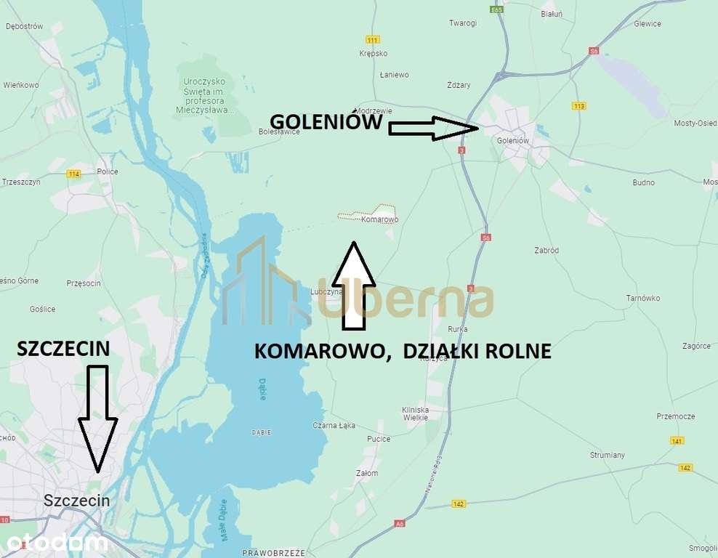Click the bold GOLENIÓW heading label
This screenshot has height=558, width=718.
click(x=326, y=121)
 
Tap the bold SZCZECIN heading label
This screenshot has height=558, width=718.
click(x=63, y=349)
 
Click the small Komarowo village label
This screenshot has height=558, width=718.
click(x=379, y=219)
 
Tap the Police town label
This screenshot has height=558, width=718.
click(x=108, y=172)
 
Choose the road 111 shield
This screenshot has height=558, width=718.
click(x=374, y=39)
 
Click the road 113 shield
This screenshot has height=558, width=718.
click(x=579, y=106)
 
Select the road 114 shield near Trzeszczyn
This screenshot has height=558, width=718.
click(x=73, y=174)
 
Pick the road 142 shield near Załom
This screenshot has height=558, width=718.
click(x=458, y=503)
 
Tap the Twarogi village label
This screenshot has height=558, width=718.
click(x=462, y=23)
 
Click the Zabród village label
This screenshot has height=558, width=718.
click(x=545, y=251)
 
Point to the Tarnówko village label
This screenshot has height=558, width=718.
click(x=642, y=298)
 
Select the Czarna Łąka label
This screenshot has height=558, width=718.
click(x=334, y=425)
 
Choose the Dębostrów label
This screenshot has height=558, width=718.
click(x=24, y=26)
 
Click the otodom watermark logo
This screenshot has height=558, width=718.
click(x=54, y=542)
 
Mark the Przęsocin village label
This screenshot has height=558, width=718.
click(x=83, y=283)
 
